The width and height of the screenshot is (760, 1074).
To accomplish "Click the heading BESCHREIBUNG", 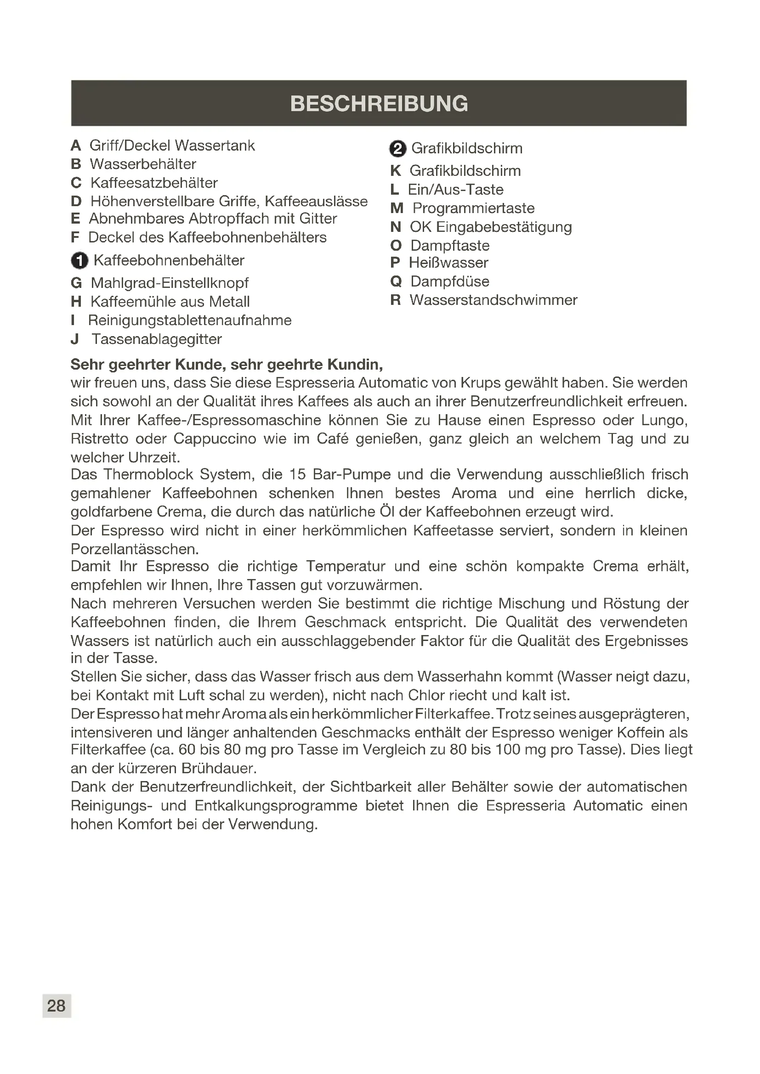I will [379, 103].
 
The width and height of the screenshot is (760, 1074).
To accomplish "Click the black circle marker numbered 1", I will [79, 260].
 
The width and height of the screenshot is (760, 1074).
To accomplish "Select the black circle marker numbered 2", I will [397, 149].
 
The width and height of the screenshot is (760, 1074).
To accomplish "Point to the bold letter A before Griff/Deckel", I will [76, 146].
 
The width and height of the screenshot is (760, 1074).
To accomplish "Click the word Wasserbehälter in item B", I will [143, 164].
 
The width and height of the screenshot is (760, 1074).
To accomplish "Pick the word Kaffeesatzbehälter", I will [154, 183].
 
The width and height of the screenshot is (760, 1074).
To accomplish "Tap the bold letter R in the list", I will [396, 300].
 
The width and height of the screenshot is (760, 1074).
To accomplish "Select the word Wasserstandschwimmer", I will [493, 300].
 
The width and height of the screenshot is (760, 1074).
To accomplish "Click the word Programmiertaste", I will [473, 208].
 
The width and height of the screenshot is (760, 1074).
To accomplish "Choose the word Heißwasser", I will [448, 263].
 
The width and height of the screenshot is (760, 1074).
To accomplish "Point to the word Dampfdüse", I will [450, 281].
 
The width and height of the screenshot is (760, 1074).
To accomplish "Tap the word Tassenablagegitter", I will [156, 339].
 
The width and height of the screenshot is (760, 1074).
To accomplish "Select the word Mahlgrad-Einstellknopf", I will [170, 283].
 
